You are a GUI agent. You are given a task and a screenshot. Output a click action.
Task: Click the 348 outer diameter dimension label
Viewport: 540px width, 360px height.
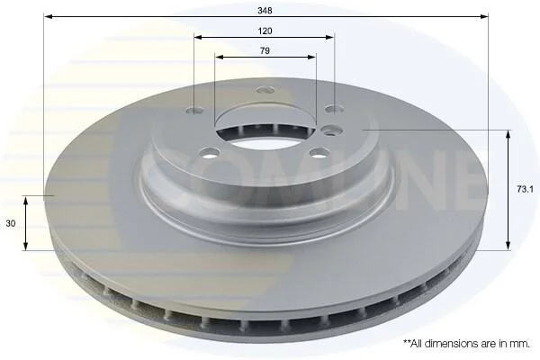tap(265, 11)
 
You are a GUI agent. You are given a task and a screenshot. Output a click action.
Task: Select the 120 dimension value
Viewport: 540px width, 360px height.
tap(265, 31)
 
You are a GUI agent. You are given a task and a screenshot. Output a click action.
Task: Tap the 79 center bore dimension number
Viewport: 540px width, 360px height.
tap(265, 50)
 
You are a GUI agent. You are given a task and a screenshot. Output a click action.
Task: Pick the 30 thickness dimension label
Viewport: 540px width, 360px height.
tap(11, 223)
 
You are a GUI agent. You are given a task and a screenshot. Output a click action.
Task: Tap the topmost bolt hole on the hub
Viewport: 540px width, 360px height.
tap(265, 90)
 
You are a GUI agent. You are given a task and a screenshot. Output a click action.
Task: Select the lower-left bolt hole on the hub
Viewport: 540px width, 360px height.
tap(210, 153)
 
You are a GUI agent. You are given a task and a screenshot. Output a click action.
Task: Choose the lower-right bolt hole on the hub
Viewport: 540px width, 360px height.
tap(319, 152)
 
